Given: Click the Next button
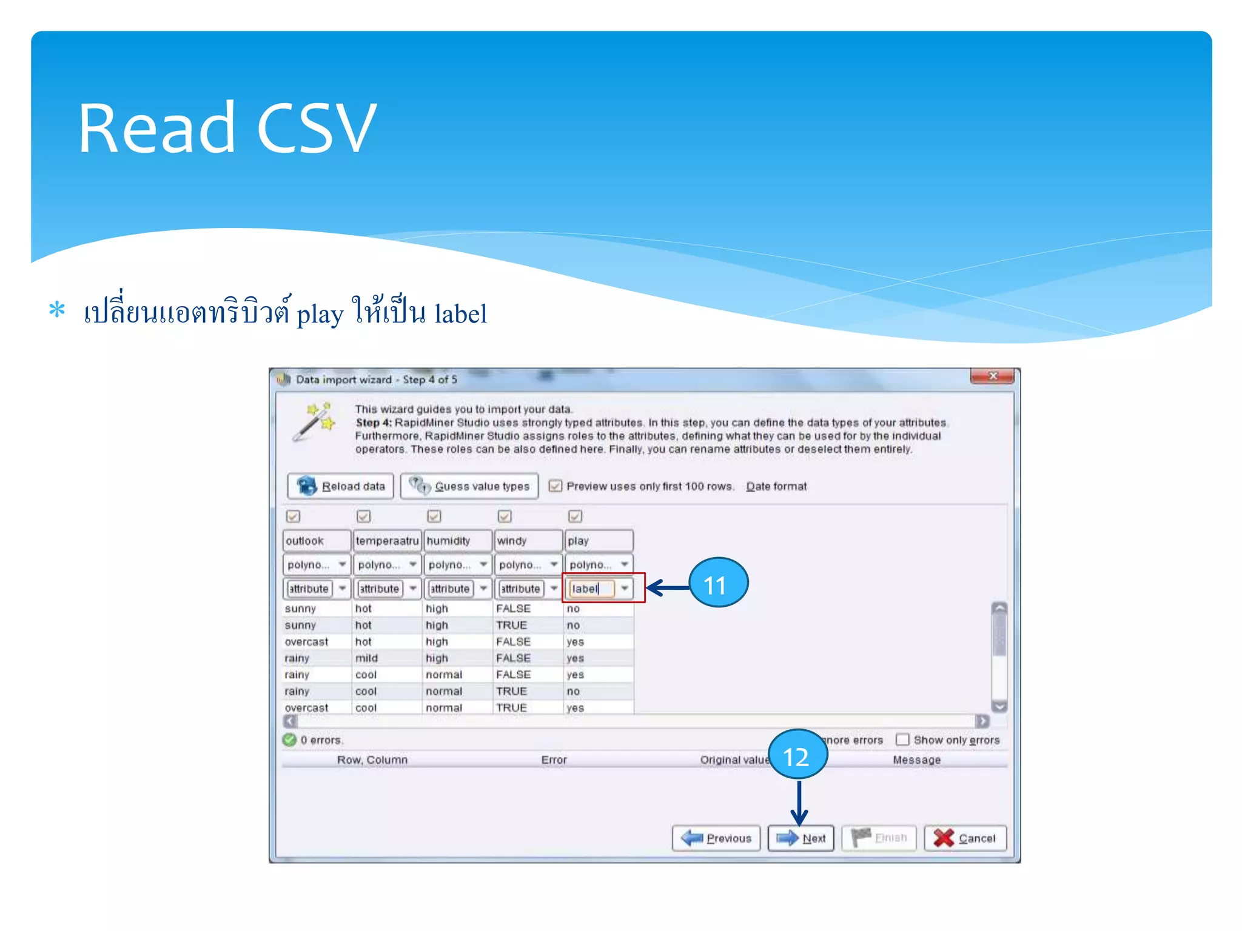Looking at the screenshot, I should (x=801, y=838).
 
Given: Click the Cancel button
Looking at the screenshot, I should (x=965, y=838).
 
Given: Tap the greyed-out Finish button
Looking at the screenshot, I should (x=879, y=838).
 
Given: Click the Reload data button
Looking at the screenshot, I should (x=341, y=486).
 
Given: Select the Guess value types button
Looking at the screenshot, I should (x=469, y=486).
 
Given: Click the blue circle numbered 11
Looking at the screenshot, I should (x=718, y=584).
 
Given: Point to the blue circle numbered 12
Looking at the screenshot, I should (x=797, y=755).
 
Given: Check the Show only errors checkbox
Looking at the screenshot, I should (x=903, y=740).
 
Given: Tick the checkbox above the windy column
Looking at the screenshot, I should (x=505, y=516).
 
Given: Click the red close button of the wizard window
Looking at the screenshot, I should (x=992, y=376).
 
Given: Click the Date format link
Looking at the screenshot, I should (x=776, y=486).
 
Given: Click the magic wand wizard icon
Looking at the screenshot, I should (x=314, y=421).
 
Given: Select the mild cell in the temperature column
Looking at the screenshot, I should (x=366, y=658).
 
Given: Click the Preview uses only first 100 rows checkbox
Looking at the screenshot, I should (x=555, y=486).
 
